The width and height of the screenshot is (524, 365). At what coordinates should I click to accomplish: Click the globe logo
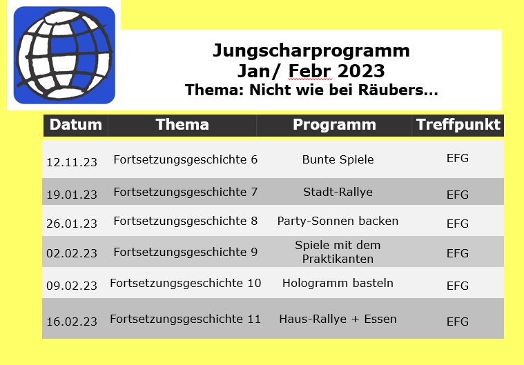coord(64,55)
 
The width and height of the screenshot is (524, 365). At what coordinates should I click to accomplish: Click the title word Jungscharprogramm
coord(311,51)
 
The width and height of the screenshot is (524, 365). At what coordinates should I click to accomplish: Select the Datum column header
coord(76,125)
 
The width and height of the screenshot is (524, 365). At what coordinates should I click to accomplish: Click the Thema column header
coord(182,125)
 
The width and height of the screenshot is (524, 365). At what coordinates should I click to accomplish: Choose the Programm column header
coord(335,125)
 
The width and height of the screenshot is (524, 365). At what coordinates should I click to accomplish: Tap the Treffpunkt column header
coord(458,125)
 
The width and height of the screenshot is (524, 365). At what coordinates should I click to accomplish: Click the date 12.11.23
coord(72,162)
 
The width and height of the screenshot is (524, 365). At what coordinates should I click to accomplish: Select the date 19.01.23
coord(72,195)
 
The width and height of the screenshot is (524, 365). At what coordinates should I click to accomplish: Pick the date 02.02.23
coord(72,253)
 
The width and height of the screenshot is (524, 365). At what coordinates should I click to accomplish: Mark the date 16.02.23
coord(72,322)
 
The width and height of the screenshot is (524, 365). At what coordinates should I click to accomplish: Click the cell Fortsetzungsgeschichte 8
coord(186,221)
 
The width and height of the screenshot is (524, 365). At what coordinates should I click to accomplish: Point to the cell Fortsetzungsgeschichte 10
coord(186,284)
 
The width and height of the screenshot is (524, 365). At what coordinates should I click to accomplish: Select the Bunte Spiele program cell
coord(338,159)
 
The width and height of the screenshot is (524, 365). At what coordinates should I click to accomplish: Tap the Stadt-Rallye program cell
coord(338,193)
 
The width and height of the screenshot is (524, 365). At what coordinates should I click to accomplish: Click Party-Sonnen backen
coord(338,221)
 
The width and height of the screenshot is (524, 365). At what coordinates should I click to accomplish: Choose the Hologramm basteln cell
coord(338,283)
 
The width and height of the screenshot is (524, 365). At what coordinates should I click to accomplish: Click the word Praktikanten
coord(338,259)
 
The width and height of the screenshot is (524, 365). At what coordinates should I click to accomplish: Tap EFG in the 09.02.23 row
coord(458,286)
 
